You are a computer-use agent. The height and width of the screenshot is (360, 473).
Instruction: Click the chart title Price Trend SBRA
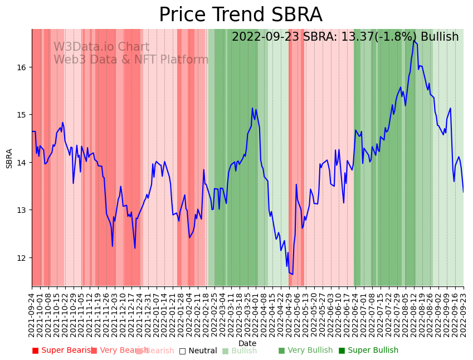pos(240,15)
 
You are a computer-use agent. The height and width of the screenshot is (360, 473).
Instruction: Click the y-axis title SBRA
pos(9,158)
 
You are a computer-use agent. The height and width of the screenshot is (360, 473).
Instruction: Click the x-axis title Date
pos(247,343)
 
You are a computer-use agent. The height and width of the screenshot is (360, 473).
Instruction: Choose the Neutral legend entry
pos(198,351)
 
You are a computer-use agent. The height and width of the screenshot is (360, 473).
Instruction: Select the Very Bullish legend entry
pos(305,351)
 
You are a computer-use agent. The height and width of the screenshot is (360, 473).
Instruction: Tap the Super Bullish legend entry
pos(368,351)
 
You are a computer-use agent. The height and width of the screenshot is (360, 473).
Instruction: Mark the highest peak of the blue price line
pos(413,40)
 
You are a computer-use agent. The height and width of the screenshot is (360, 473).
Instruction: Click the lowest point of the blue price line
pos(292,274)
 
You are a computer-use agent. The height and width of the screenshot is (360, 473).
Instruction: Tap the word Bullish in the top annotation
pos(440,37)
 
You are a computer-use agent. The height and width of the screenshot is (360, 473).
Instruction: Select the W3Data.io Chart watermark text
pos(101,47)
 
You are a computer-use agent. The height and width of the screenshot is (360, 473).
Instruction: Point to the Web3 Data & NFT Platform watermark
pos(131,60)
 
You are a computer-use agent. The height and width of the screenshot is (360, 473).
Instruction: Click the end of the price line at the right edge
pos(463,192)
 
